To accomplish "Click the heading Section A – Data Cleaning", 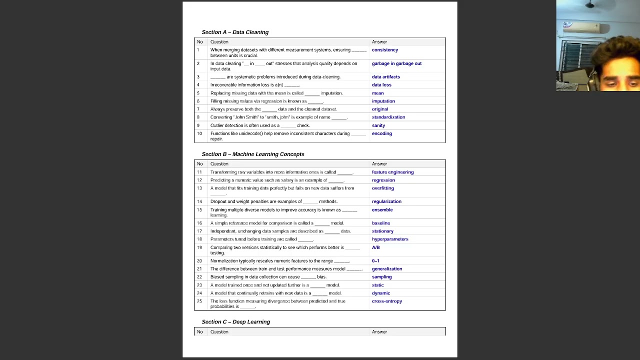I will point(235,32).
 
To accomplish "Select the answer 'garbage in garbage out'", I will point(396,63).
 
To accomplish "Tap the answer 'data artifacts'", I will point(385,77).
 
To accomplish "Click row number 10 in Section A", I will point(199,133).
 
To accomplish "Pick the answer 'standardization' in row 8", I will point(388,117).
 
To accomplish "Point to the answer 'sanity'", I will point(378,125).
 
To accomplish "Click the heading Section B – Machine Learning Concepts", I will point(252,154).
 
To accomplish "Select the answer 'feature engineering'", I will point(392,172).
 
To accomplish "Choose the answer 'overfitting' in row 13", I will point(382,188).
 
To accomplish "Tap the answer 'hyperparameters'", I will point(389,239).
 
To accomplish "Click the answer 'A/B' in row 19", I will point(375,247).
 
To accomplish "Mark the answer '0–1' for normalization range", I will point(375,261).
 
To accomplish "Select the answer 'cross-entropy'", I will point(386,301).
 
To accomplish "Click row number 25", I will point(199,301).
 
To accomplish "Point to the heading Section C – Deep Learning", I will point(235,321).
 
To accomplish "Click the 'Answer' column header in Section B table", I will point(379,164).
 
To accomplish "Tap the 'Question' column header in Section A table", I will point(219,42).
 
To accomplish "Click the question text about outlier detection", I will point(259,125).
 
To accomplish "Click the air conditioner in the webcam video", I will point(581,27).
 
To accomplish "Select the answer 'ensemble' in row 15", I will point(382,209).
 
